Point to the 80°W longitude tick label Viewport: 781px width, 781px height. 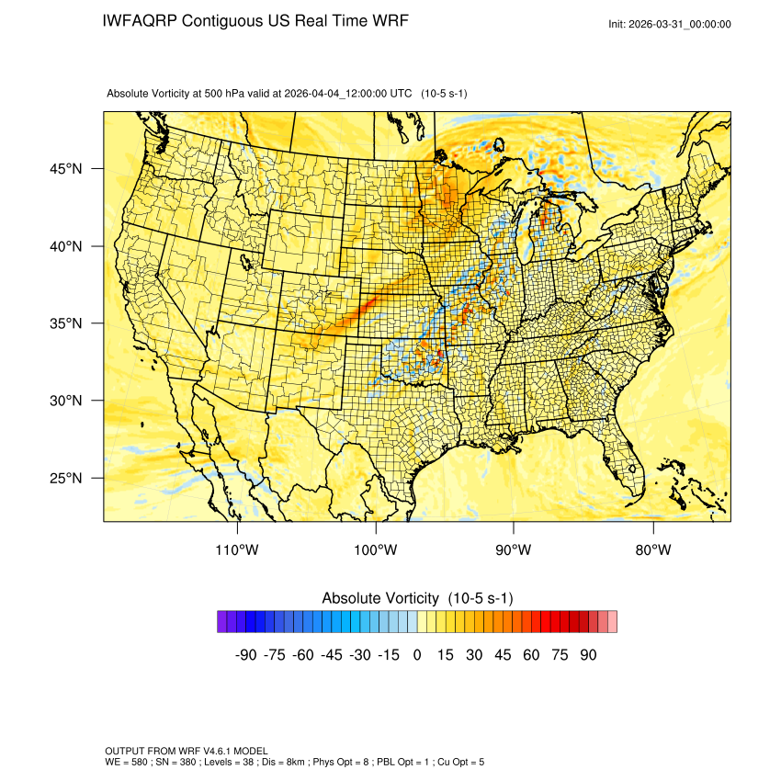pos(653,550)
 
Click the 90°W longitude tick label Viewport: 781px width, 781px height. pos(515,550)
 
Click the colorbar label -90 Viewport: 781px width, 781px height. pos(245,655)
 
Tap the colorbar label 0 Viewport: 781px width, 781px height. pos(417,655)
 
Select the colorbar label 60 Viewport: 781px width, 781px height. pos(531,655)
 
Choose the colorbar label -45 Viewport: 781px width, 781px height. pos(331,655)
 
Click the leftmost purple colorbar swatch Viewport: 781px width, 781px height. pos(222,622)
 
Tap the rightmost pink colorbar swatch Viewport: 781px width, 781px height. pos(612,622)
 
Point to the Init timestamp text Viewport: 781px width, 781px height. pos(670,24)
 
